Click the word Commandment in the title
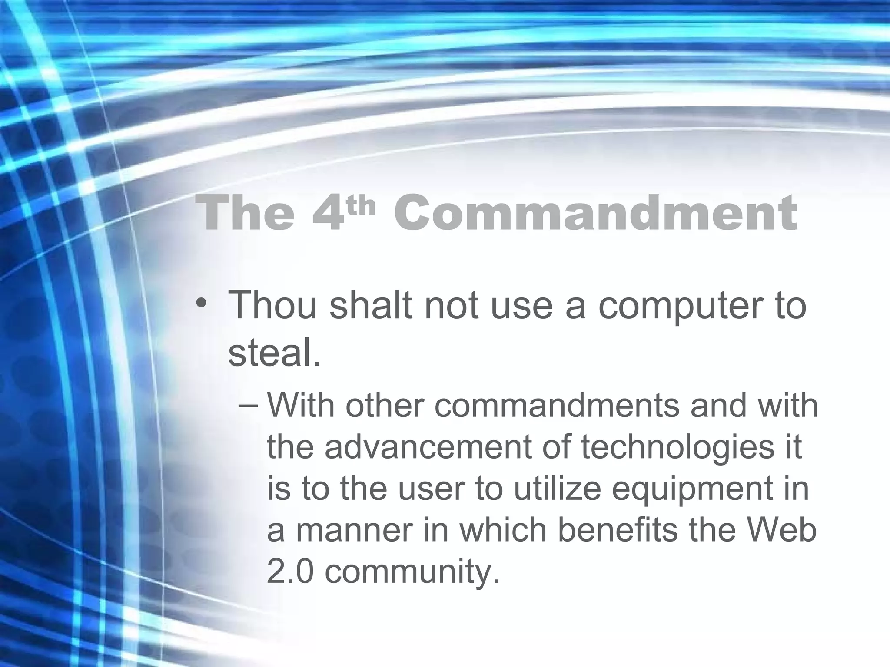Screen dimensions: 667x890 [x=595, y=213]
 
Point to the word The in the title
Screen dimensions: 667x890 [x=245, y=213]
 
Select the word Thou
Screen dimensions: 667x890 [x=272, y=304]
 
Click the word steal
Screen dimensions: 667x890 [x=274, y=352]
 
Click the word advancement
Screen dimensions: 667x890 [x=428, y=447]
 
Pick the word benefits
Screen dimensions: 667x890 [x=618, y=530]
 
